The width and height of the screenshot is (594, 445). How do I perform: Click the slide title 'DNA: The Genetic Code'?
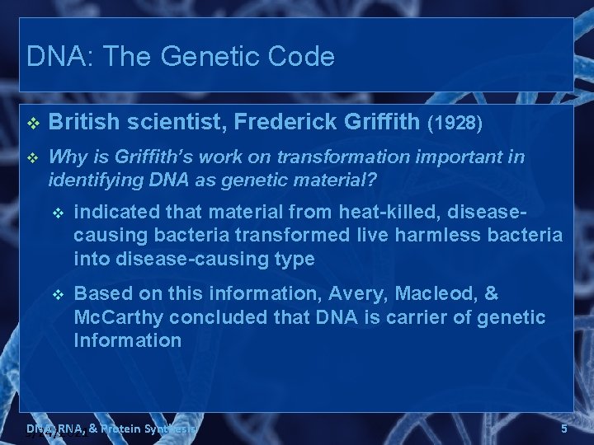pos(181,57)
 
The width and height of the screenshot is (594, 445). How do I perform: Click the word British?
pos(84,123)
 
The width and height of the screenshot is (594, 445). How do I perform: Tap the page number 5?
pos(564,429)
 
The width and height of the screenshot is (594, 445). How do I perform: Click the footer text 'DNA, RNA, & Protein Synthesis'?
pos(111,429)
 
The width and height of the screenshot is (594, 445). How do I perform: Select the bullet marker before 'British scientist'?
pos(33,124)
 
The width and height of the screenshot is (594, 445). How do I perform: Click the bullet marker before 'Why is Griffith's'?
pos(33,157)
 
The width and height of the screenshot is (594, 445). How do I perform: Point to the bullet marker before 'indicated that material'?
pos(58,213)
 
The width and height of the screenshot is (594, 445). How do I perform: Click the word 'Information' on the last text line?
pos(127,340)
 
